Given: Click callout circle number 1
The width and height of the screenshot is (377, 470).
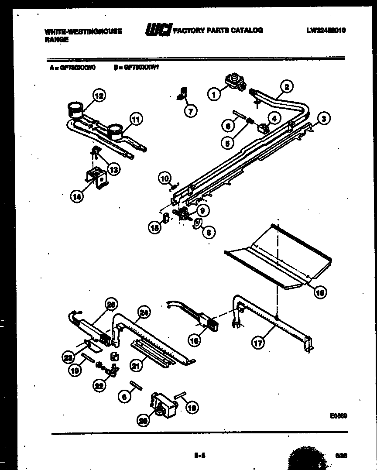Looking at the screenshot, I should pyautogui.click(x=214, y=93).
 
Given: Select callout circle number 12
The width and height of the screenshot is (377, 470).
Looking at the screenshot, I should pyautogui.click(x=99, y=95).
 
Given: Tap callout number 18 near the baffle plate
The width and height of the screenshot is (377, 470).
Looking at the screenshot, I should pyautogui.click(x=320, y=293).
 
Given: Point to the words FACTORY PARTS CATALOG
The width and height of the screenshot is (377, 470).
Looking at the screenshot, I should pyautogui.click(x=219, y=30).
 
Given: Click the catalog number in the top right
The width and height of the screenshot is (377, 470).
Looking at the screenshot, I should pyautogui.click(x=326, y=30).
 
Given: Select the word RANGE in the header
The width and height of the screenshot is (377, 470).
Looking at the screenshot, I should pyautogui.click(x=56, y=39).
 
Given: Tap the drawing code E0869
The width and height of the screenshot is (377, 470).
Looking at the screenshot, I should pyautogui.click(x=339, y=416).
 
